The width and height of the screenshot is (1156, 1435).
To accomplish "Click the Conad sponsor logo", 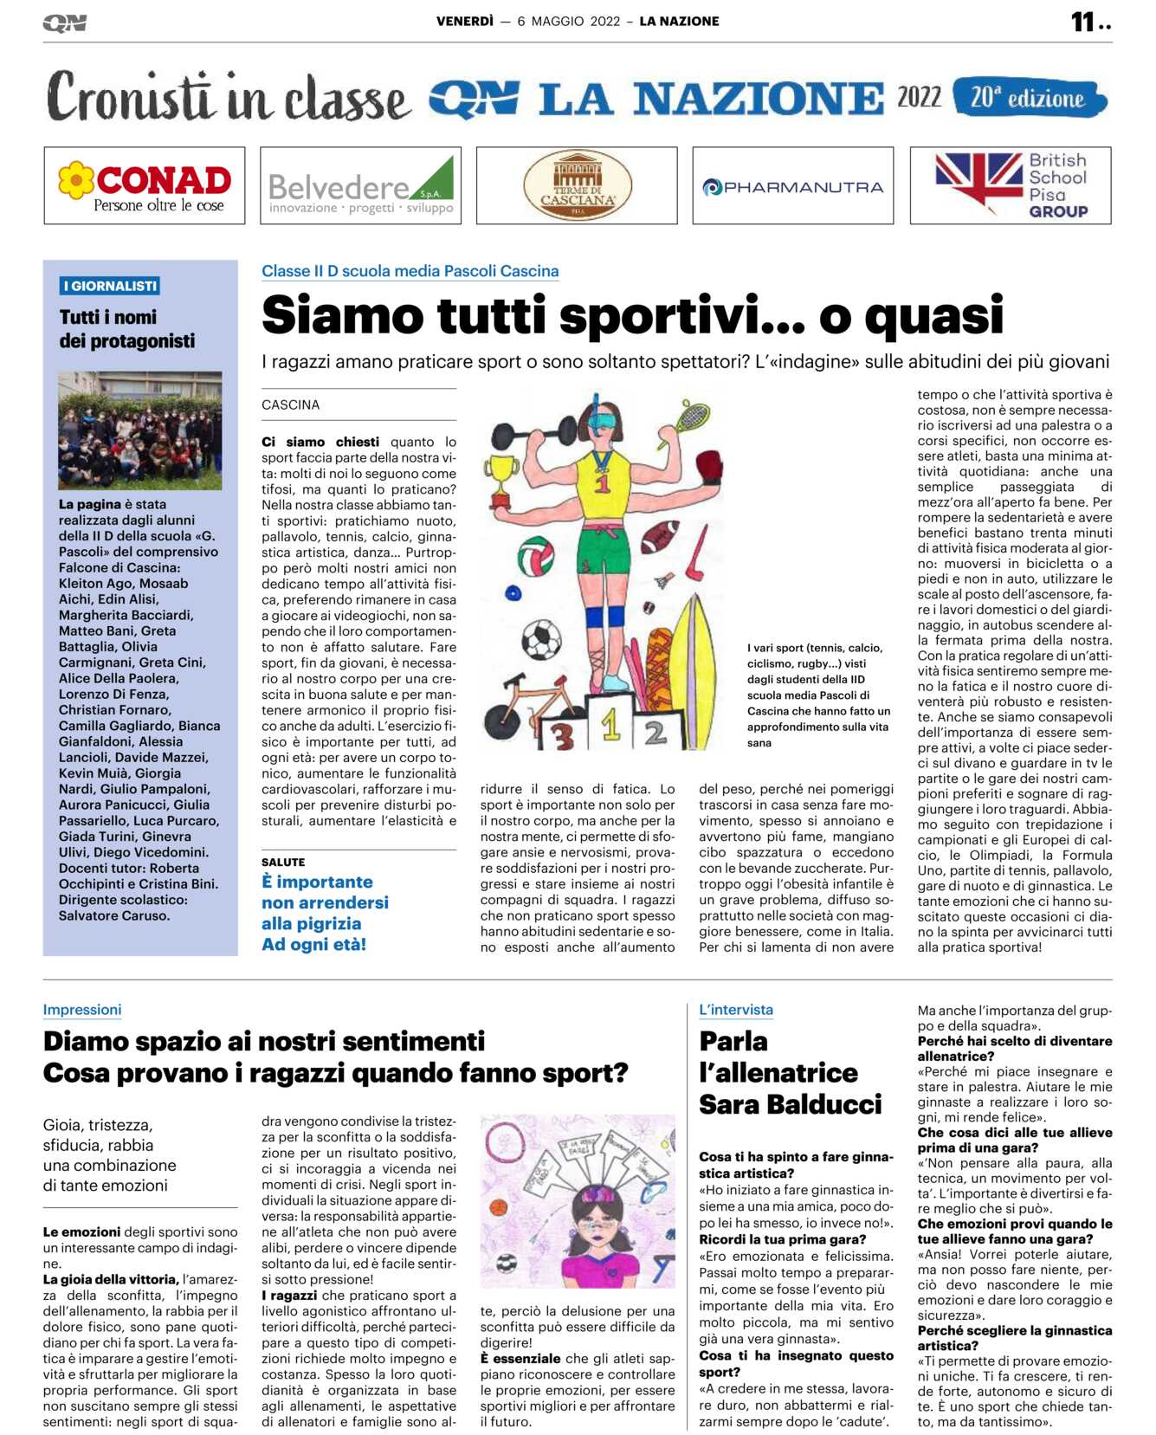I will pos(144,185).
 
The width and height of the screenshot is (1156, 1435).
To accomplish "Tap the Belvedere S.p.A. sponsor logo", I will pos(360,185).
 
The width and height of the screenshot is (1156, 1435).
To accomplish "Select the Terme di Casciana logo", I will pos(577,185).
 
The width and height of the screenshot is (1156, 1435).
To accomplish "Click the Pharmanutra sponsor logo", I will pos(792,186).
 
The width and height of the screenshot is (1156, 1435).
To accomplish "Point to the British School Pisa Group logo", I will pos(1010,185).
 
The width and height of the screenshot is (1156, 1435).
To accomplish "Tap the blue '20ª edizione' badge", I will pos(1029,98).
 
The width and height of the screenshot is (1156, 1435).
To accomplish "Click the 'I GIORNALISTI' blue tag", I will pos(109,286).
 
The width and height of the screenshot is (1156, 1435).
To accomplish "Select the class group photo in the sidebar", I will pos(139,430).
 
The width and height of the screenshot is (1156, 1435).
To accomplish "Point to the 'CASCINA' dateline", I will pos(291,404).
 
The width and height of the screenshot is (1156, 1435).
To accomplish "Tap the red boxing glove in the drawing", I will pos(708,467).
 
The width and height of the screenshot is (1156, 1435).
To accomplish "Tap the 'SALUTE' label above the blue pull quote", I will pos(283,862).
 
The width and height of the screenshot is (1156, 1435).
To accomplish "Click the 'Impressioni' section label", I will pos(82,1010).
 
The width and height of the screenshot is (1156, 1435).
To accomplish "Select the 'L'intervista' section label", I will pos(736,1010).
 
